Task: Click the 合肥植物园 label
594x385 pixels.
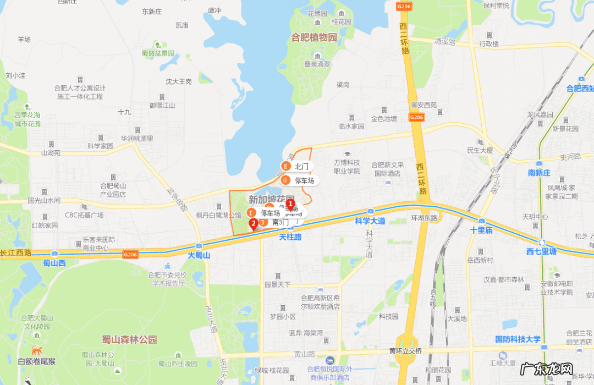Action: click(x=314, y=37)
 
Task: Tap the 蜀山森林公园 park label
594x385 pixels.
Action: click(x=129, y=339)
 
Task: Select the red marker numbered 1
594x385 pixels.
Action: click(x=290, y=204)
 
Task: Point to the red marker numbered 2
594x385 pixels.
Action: click(x=254, y=223)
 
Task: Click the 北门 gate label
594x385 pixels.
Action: click(x=301, y=166)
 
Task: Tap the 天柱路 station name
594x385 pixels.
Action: click(x=290, y=237)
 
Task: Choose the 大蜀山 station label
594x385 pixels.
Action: click(x=199, y=255)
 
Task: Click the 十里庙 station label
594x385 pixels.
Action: click(x=481, y=230)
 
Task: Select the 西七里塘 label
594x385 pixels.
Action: click(x=541, y=252)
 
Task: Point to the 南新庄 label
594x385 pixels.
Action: click(x=539, y=173)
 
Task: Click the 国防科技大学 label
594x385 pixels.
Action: click(x=518, y=339)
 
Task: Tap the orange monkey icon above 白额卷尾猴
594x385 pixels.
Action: click(x=37, y=350)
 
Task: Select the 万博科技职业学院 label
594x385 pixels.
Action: click(x=346, y=167)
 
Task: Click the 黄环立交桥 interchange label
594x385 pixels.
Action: click(x=405, y=351)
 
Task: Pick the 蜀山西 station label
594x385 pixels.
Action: click(x=54, y=263)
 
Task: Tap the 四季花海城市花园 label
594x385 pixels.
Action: click(x=28, y=119)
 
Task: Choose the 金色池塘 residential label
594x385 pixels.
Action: click(x=384, y=118)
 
